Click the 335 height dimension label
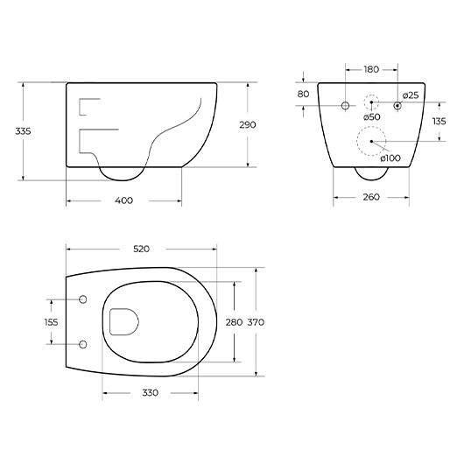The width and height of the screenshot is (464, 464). click(23, 130)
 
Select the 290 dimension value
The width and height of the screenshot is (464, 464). click(248, 125)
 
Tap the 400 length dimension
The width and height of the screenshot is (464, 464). click(124, 200)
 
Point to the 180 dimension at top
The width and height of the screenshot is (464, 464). click(371, 69)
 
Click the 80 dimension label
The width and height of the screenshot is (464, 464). click(303, 94)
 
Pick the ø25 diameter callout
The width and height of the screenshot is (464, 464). click(411, 95)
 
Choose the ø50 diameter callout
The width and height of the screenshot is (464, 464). click(372, 117)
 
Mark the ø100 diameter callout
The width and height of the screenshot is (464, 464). click(390, 158)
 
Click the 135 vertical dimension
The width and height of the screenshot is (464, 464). click(439, 122)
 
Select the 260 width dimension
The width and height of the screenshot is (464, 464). click(371, 197)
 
